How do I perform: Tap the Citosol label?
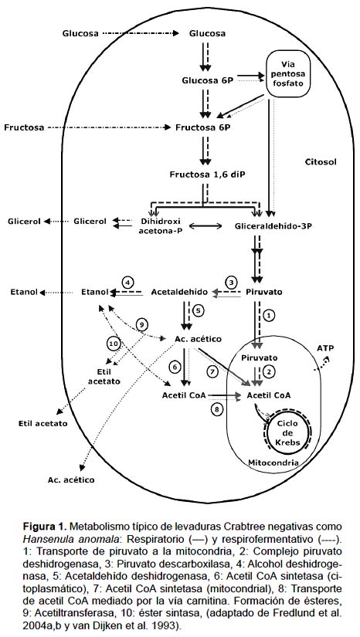[x=321, y=161]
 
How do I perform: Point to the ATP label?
[x=324, y=348]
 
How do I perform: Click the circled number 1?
[x=270, y=315]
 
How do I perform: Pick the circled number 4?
[x=127, y=283]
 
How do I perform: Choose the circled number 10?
[x=114, y=344]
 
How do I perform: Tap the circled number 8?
[x=216, y=409]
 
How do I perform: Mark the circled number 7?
[x=212, y=371]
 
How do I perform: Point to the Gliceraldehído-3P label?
[x=273, y=225]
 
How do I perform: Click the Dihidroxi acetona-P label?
[x=160, y=225]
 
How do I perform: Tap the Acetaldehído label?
[x=179, y=292]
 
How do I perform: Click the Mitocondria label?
[x=273, y=463]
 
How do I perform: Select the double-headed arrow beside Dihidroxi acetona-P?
[x=205, y=226]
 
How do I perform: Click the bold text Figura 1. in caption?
[x=45, y=527]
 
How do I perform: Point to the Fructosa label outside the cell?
[x=24, y=127]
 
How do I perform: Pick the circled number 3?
[x=231, y=282]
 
